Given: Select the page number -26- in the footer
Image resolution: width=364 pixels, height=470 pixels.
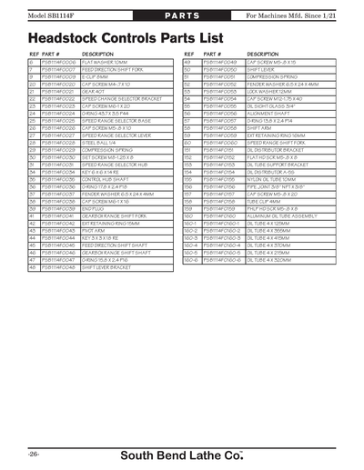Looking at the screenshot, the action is pyautogui.click(x=34, y=451).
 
